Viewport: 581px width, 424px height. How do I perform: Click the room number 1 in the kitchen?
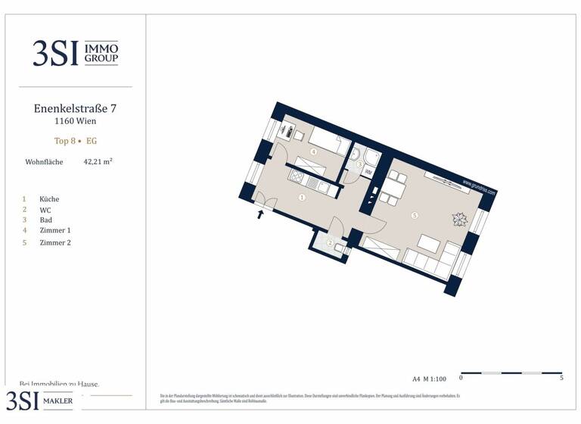coord(302,198)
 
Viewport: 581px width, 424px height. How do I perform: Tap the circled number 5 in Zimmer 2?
coord(414,216)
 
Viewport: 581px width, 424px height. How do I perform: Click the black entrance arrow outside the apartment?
coord(262,215)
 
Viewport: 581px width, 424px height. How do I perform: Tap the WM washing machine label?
coord(368,173)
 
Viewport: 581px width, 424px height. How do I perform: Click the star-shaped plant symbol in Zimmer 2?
coord(459,220)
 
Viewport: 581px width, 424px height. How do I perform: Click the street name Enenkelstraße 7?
coord(75,108)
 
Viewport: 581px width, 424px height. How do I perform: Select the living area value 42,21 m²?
coord(98,161)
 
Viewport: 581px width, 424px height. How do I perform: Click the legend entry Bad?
coord(46,220)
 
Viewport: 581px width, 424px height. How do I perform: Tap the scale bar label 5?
coord(561,378)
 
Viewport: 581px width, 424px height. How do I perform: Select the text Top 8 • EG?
coord(75,141)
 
